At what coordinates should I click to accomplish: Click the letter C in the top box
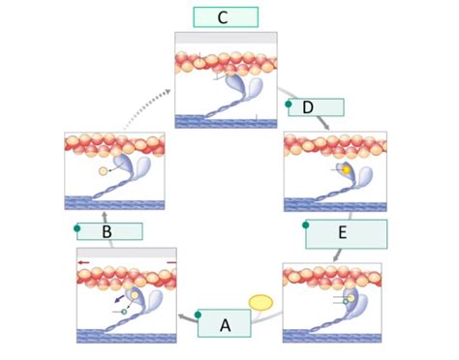[x=225, y=17]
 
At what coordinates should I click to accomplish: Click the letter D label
[x=307, y=107]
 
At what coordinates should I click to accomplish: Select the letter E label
[x=345, y=233]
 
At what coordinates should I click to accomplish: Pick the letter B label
[x=107, y=232]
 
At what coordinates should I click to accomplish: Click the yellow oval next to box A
[x=261, y=302]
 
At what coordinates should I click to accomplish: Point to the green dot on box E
[x=306, y=225]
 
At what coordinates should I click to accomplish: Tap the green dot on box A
[x=199, y=314]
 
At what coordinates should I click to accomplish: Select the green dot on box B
[x=77, y=228]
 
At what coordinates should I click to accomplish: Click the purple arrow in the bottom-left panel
[x=119, y=301]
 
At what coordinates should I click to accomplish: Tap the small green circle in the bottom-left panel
[x=124, y=312]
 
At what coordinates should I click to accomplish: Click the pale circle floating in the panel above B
[x=104, y=171]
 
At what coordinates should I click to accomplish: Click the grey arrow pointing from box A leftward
[x=183, y=316]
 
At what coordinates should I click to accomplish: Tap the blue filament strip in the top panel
[x=225, y=121]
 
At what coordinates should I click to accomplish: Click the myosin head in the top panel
[x=250, y=90]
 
